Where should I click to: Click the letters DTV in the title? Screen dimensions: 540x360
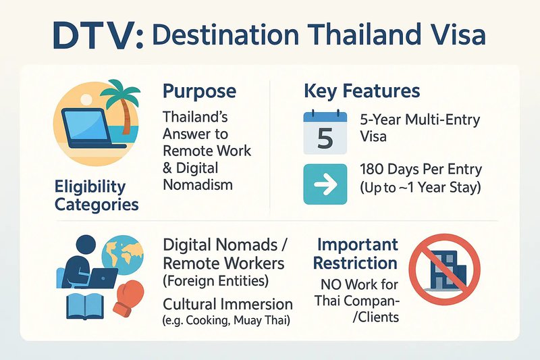[x=94, y=36]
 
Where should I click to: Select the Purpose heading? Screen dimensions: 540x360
[x=199, y=91]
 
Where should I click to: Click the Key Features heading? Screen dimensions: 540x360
[x=362, y=91]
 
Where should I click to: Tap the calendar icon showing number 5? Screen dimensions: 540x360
[x=325, y=132]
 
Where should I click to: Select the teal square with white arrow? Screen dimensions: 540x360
[x=325, y=184]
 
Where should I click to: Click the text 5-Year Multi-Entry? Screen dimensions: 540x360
[x=420, y=120]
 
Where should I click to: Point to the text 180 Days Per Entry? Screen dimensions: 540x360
[x=421, y=170]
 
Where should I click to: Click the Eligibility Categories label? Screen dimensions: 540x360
[x=97, y=196]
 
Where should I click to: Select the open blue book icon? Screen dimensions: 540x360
[x=84, y=305]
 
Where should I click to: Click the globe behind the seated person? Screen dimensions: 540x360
[x=123, y=255]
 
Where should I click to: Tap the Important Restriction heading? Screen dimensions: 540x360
[x=356, y=254]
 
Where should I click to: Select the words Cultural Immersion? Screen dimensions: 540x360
[x=227, y=305]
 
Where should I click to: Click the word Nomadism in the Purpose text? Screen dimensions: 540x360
[x=198, y=185]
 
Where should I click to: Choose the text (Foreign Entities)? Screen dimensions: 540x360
[x=215, y=281]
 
